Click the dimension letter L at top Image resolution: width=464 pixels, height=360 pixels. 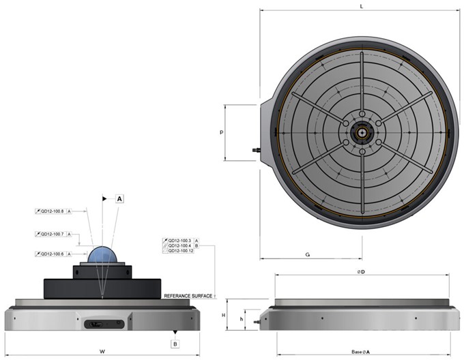[360, 6]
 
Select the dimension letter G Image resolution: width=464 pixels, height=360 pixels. [308, 254]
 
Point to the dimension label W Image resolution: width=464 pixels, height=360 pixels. [101, 352]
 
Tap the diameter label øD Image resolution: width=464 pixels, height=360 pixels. [361, 271]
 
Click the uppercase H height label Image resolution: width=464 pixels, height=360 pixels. [223, 315]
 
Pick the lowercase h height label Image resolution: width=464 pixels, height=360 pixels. [240, 318]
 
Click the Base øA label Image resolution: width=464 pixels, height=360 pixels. [361, 352]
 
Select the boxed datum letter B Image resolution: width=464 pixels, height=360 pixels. [175, 344]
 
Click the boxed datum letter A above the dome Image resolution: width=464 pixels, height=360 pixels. [119, 199]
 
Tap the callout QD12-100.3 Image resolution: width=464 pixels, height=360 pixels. [179, 241]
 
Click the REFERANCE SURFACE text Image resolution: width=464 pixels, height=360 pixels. [188, 296]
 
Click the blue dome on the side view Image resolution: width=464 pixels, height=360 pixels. [102, 254]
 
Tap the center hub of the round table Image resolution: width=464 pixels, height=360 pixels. [360, 126]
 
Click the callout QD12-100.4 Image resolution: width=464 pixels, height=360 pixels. [179, 245]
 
